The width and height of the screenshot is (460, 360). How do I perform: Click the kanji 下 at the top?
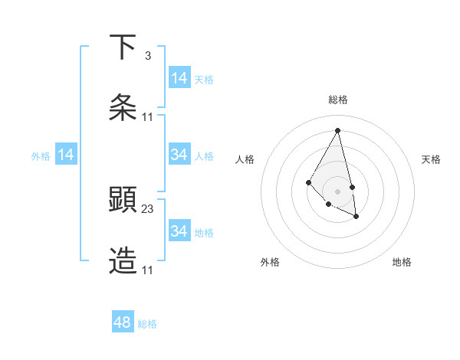[x=123, y=47]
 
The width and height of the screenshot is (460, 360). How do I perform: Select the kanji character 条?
[x=123, y=108]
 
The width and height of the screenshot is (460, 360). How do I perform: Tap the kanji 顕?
[x=123, y=200]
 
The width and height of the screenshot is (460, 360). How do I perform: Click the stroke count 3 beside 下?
[x=147, y=55]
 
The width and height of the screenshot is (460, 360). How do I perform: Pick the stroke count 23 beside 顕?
[x=148, y=208]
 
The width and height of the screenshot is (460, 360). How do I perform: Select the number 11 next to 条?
[x=148, y=116]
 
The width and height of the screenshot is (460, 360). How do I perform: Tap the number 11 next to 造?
[x=148, y=270]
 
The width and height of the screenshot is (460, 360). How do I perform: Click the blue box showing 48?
[x=123, y=322]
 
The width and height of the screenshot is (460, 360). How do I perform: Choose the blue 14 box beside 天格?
[x=179, y=78]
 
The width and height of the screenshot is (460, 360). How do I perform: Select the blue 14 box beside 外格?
[x=66, y=155]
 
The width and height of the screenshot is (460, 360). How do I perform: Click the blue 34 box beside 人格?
[x=179, y=155]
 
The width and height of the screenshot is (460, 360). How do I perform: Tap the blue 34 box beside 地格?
[x=179, y=231]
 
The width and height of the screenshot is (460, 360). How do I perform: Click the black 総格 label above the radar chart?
[x=338, y=100]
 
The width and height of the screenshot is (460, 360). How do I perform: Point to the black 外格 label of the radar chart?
[x=270, y=262]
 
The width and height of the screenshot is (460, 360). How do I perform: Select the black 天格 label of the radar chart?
[x=431, y=159]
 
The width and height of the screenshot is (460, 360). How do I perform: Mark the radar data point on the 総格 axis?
[x=338, y=130]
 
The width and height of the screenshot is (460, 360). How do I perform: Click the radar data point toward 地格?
[x=356, y=217]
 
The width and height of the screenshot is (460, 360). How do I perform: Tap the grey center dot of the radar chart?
[x=338, y=191]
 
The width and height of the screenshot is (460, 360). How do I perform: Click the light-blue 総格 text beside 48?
[x=147, y=324]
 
